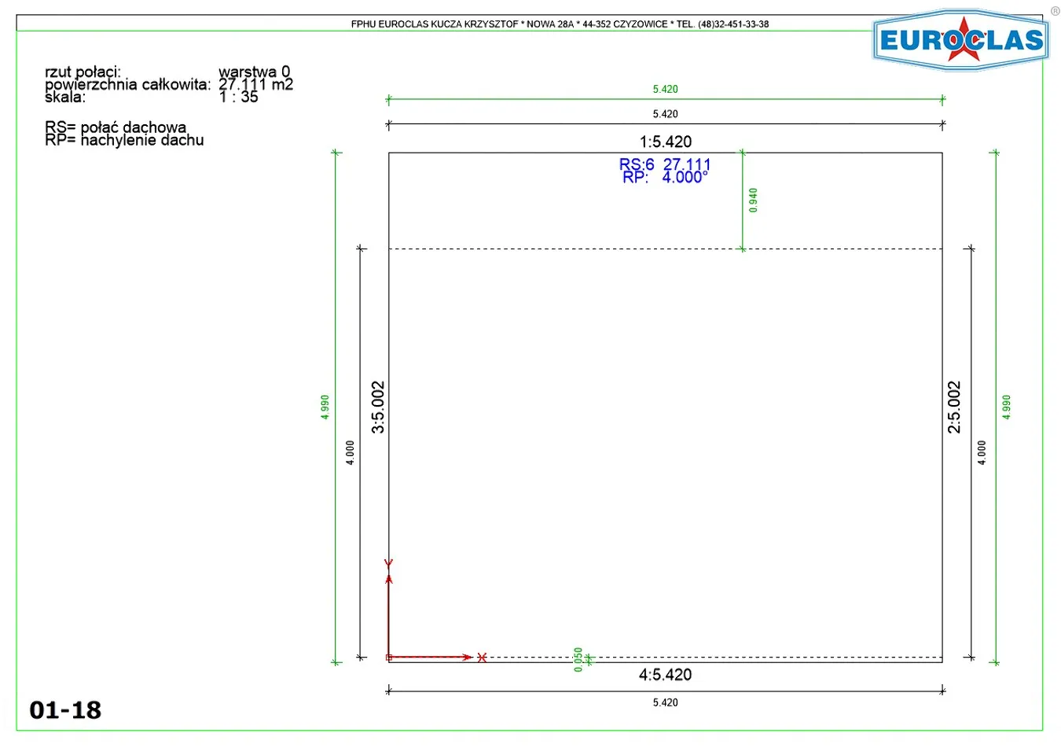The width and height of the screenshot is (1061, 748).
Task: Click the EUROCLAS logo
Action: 960,40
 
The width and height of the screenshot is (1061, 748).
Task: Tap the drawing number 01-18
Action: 65,710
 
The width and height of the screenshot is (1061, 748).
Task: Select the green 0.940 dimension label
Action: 753,200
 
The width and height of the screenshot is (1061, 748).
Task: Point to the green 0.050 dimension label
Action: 578,659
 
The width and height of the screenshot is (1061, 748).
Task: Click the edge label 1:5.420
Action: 666,142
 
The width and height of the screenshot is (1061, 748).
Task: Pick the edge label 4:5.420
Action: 666,675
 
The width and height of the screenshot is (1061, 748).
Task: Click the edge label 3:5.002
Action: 378,407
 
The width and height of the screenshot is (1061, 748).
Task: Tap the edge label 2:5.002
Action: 954,407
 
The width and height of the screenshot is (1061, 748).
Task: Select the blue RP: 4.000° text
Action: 665,177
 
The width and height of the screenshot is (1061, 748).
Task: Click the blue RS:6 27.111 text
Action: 665,164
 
